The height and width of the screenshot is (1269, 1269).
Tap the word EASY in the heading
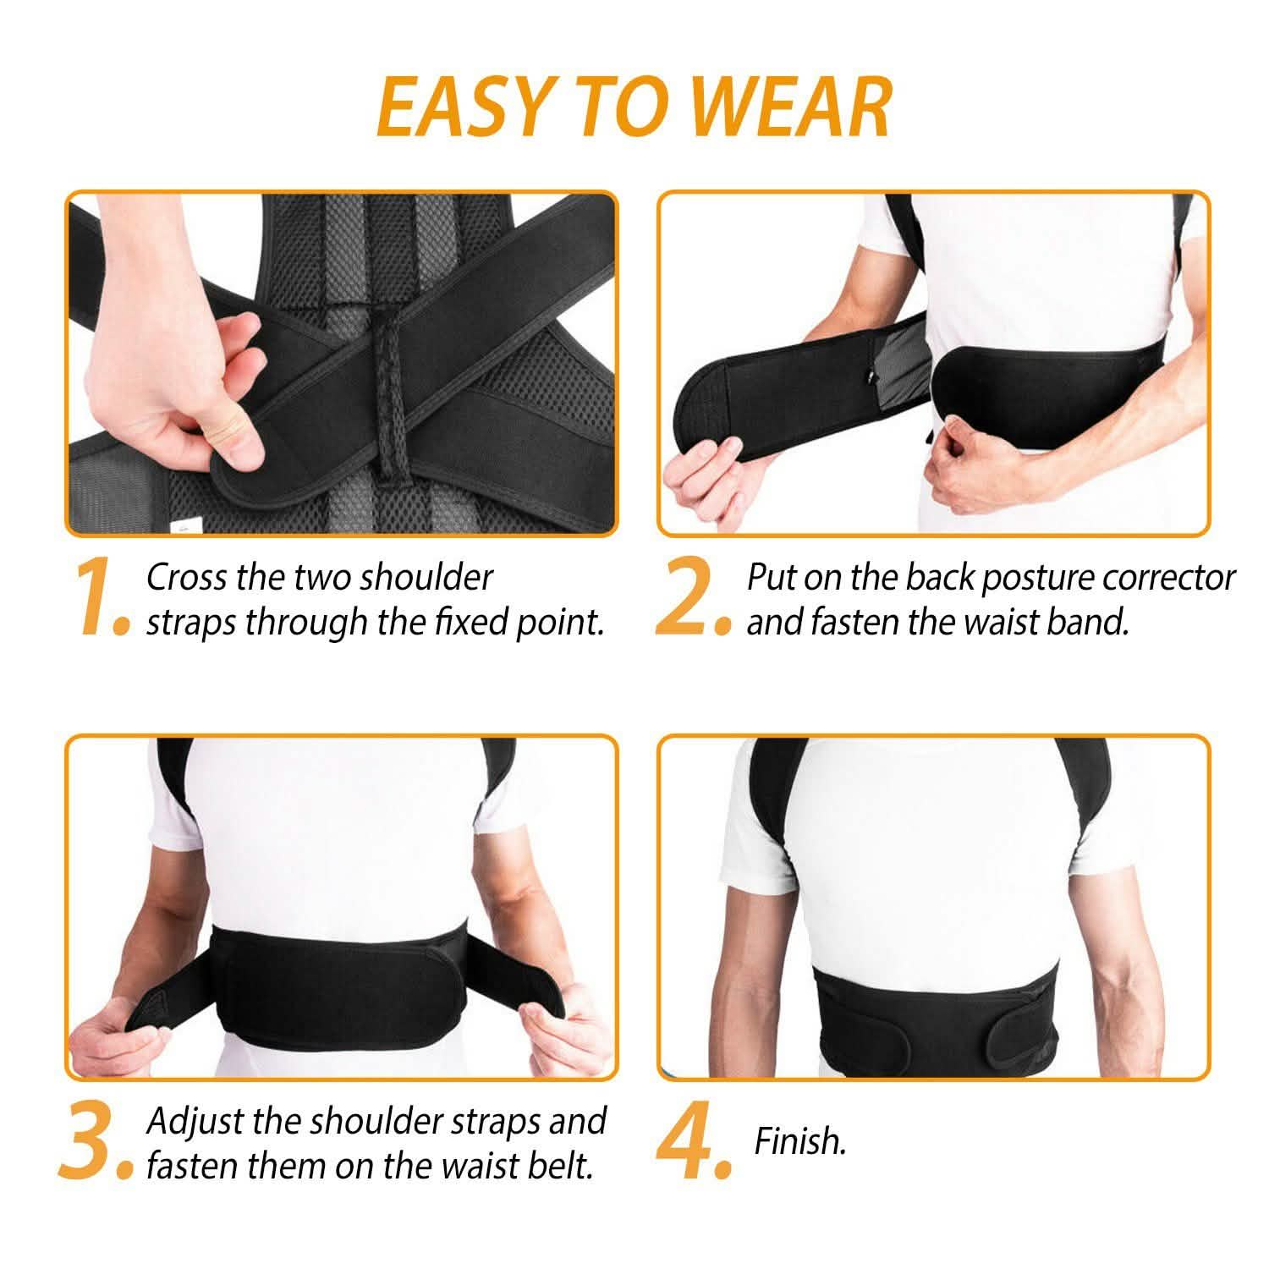click(453, 107)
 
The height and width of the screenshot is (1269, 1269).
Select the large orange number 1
click(100, 600)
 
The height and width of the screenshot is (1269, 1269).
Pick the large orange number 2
click(690, 600)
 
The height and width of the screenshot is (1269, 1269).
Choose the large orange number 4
click(690, 1144)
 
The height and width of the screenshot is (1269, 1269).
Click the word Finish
click(799, 1142)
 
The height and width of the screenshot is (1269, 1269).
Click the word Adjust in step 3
click(196, 1122)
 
